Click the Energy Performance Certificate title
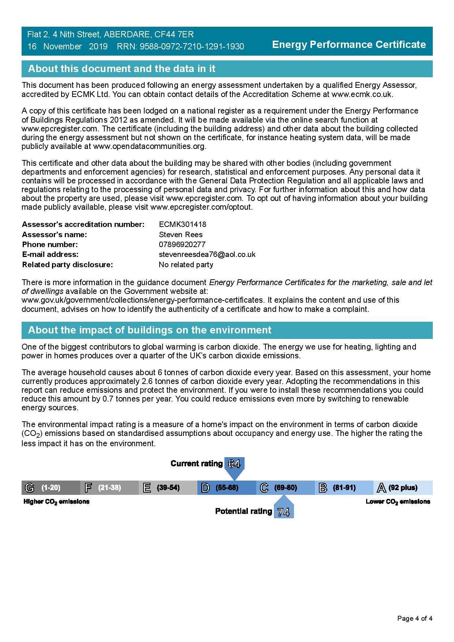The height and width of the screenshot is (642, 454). pyautogui.click(x=349, y=45)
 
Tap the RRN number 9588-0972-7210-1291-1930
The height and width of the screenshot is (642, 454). pyautogui.click(x=191, y=46)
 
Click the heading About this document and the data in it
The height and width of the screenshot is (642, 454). pyautogui.click(x=122, y=69)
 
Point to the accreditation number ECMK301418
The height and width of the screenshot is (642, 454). pyautogui.click(x=182, y=224)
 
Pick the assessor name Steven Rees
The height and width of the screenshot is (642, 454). pyautogui.click(x=181, y=235)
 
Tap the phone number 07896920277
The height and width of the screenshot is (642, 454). pyautogui.click(x=182, y=245)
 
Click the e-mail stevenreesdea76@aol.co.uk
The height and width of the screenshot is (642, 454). pyautogui.click(x=207, y=254)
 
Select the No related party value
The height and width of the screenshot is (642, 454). pyautogui.click(x=186, y=265)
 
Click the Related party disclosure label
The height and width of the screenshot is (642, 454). pyautogui.click(x=67, y=265)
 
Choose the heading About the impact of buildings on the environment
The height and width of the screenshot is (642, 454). pyautogui.click(x=149, y=330)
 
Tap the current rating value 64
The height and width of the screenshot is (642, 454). pyautogui.click(x=234, y=464)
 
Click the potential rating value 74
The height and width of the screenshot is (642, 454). pyautogui.click(x=283, y=512)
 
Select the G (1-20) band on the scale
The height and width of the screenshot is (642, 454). pyautogui.click(x=51, y=488)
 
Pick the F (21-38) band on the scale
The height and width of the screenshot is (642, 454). pyautogui.click(x=109, y=488)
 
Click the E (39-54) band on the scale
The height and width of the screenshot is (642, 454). pyautogui.click(x=168, y=488)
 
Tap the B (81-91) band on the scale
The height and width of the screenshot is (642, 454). pyautogui.click(x=343, y=488)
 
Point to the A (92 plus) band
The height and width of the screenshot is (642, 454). pyautogui.click(x=402, y=488)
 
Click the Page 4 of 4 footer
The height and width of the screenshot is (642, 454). pyautogui.click(x=414, y=619)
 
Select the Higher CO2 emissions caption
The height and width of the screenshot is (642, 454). pyautogui.click(x=56, y=501)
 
